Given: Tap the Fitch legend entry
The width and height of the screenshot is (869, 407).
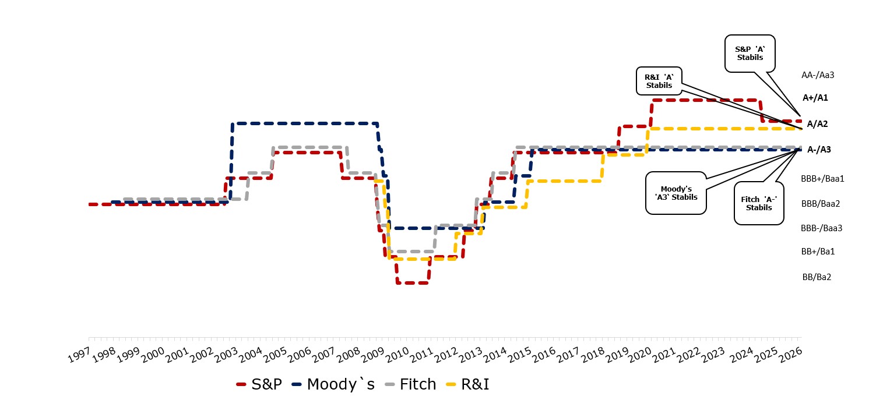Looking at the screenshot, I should pyautogui.click(x=410, y=384).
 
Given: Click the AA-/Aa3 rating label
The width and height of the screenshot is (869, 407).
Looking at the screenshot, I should pyautogui.click(x=818, y=75).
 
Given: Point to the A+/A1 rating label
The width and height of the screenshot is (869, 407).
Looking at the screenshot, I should pyautogui.click(x=815, y=98).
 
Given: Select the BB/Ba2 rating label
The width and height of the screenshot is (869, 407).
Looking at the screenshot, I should pyautogui.click(x=817, y=277).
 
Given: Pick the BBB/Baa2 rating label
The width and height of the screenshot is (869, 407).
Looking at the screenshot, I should pyautogui.click(x=820, y=204).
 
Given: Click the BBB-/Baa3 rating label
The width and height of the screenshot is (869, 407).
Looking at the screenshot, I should pyautogui.click(x=821, y=228).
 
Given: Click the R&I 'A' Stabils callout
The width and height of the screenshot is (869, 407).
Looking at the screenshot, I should pyautogui.click(x=659, y=81).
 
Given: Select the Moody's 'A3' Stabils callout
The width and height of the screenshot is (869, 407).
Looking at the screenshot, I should pyautogui.click(x=676, y=193).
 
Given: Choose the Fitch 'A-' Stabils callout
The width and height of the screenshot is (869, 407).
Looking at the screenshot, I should pyautogui.click(x=758, y=203).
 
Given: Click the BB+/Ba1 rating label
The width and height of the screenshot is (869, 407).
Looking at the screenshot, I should pyautogui.click(x=818, y=252).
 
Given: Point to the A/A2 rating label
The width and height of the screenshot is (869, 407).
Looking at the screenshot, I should pyautogui.click(x=817, y=124).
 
